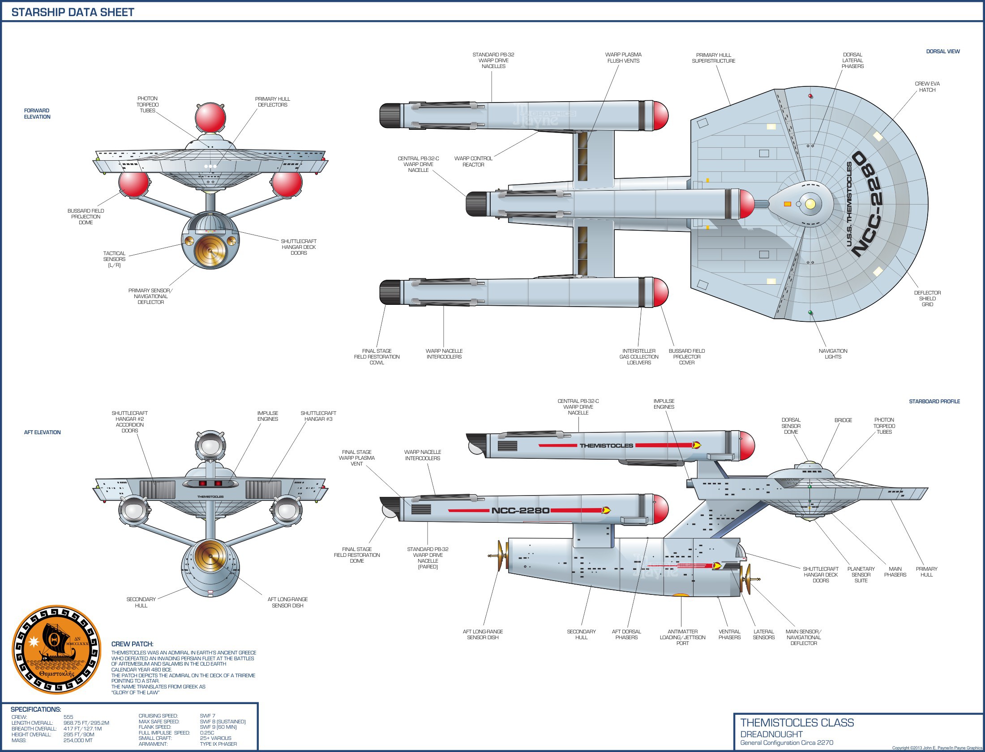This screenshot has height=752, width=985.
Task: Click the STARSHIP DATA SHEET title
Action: (73, 12)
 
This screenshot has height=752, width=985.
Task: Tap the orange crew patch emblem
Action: (56, 649)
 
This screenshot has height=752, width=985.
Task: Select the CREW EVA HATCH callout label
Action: (927, 87)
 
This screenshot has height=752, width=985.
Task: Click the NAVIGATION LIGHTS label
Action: (833, 354)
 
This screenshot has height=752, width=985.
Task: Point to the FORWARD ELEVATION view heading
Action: (37, 114)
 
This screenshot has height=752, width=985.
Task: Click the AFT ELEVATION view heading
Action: (42, 432)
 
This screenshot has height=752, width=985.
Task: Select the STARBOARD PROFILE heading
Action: (934, 402)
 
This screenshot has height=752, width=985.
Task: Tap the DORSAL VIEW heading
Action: (943, 51)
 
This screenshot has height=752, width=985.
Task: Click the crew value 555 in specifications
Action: (69, 717)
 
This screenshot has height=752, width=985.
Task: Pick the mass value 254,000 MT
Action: (78, 740)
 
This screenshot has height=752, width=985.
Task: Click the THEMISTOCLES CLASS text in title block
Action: (797, 723)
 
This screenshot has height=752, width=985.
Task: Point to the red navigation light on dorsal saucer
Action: (810, 96)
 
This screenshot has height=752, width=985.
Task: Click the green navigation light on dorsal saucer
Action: (810, 312)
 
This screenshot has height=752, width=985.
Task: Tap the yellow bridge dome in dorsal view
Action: (810, 204)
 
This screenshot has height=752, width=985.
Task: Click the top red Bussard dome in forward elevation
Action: (210, 117)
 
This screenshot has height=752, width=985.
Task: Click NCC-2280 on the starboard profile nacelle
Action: (520, 510)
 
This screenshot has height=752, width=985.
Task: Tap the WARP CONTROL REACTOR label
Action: (473, 162)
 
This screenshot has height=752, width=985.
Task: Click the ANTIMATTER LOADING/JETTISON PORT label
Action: (682, 637)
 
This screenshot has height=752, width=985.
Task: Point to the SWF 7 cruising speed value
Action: (207, 716)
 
